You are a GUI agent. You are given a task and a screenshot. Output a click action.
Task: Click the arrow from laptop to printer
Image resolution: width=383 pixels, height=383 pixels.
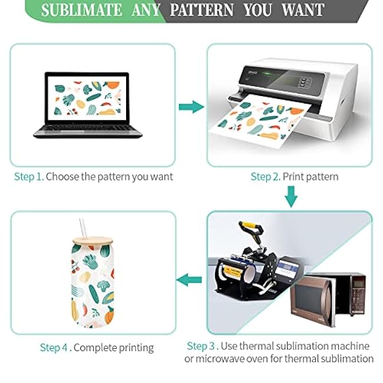click(x=190, y=107)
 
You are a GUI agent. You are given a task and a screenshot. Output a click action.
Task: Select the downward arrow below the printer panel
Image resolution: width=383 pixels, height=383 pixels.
click(x=290, y=196)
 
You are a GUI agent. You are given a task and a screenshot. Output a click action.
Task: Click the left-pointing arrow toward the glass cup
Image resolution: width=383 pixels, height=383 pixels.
click(x=190, y=279)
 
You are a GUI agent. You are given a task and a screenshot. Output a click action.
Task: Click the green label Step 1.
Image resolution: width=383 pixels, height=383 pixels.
click(x=29, y=176)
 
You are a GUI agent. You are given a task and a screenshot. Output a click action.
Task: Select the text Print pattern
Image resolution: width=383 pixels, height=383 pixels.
click(x=311, y=176)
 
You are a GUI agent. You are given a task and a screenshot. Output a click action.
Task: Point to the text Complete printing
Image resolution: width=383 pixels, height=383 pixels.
click(x=114, y=348)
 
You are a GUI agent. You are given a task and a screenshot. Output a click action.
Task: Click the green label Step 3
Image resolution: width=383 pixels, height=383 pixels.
click(x=203, y=346)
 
